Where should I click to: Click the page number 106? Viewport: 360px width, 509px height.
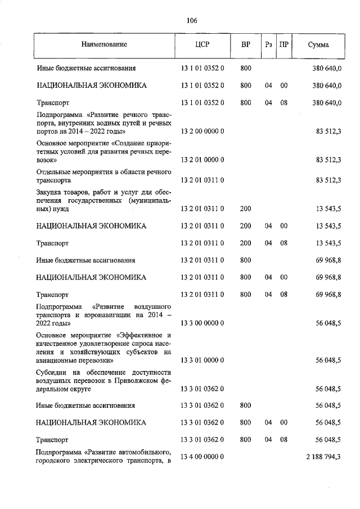coord(191,21)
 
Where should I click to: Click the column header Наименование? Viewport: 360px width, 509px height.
coord(103,44)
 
